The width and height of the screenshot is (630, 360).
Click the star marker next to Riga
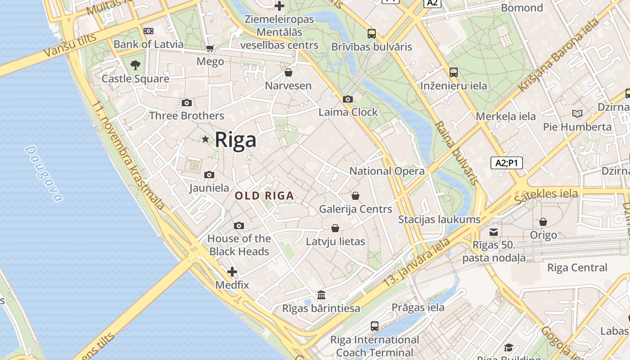(206, 139)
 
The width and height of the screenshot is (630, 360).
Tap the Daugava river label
(43, 173)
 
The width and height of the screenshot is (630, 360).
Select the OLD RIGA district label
(265, 196)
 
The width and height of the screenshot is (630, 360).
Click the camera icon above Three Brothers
(187, 103)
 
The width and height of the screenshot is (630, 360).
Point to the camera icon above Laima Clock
(347, 99)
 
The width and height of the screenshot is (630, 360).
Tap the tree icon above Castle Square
(135, 65)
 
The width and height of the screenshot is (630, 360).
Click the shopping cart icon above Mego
(210, 48)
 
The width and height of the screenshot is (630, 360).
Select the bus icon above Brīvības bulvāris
(372, 33)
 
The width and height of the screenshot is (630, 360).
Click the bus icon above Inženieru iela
(454, 72)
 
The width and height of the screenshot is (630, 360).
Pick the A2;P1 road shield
(507, 163)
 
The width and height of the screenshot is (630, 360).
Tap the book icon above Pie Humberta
(577, 113)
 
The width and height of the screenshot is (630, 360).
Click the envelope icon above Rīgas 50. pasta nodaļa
(494, 232)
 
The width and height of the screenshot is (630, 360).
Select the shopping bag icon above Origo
(543, 222)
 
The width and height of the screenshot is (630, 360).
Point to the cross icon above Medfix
(232, 272)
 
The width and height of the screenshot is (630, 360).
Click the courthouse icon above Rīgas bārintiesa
(321, 295)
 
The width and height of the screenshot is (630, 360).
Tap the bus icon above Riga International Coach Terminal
(374, 326)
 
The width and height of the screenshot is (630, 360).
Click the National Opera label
(387, 171)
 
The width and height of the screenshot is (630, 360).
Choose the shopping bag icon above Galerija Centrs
(355, 196)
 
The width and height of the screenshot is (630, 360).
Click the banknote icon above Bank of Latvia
(148, 31)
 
